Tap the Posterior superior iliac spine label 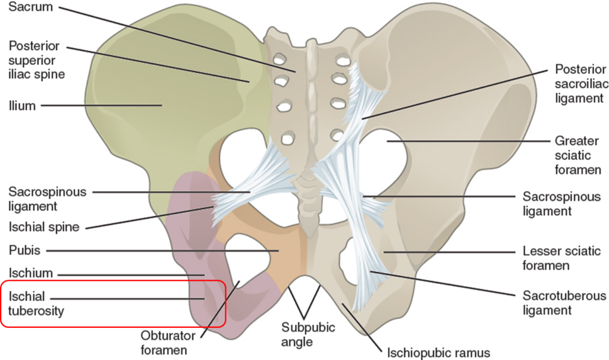tap(36, 60)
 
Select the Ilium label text tap(22, 106)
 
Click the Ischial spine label tap(44, 227)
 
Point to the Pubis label tap(24, 250)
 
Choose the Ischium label tap(31, 273)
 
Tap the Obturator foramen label tap(164, 342)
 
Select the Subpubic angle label tap(309, 335)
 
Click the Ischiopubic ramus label tap(438, 352)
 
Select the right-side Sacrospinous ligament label tap(561, 204)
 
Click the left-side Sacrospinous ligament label tap(47, 199)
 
